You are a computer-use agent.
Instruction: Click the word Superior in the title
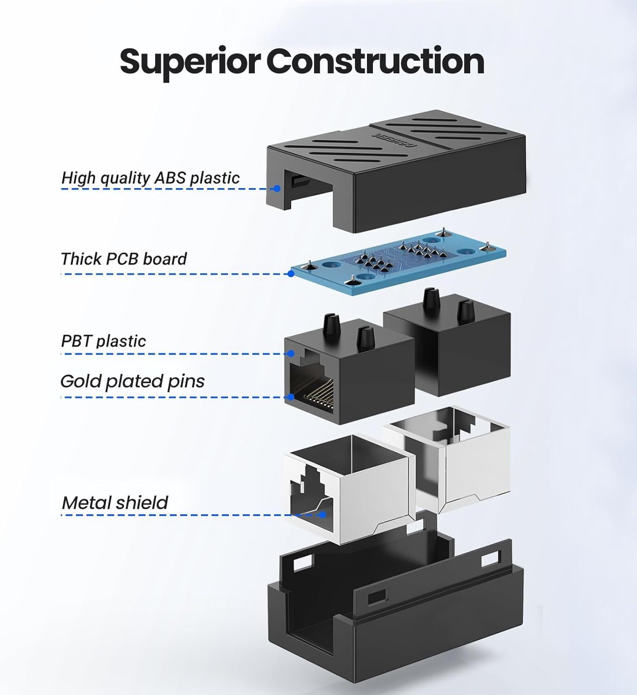click(191, 62)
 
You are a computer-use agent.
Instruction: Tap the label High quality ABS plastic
click(151, 178)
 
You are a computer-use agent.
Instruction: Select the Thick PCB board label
click(124, 259)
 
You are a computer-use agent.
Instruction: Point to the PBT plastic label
click(103, 341)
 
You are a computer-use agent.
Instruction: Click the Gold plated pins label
click(132, 381)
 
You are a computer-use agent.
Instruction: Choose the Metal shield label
click(115, 503)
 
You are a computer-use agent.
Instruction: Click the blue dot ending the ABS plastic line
click(277, 189)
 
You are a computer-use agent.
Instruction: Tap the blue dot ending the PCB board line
click(291, 274)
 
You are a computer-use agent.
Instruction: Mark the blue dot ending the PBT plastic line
click(291, 354)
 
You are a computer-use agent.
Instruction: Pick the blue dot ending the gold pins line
click(291, 397)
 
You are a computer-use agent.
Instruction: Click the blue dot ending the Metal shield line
click(323, 514)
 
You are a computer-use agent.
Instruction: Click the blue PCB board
click(398, 262)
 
